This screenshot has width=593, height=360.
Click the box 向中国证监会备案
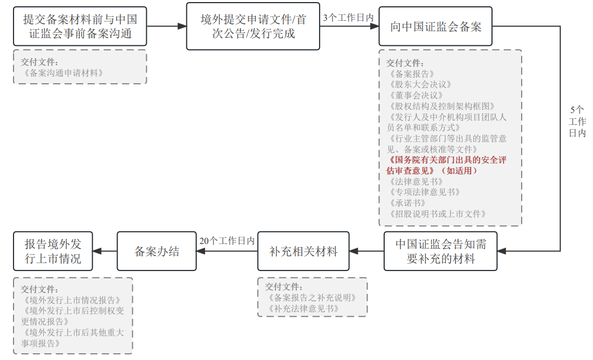435,27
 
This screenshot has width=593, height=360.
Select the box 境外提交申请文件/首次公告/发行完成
253,27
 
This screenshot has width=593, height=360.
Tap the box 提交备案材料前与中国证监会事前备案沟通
80,27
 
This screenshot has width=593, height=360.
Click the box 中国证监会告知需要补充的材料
440,251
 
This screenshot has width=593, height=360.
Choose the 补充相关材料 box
304,251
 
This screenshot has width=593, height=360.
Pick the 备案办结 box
157,251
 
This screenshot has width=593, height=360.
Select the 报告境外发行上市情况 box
53,251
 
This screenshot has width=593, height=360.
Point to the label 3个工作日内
348,17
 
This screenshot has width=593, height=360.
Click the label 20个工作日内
227,241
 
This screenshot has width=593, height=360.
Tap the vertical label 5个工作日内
577,121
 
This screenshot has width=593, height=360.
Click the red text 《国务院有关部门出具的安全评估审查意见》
447,165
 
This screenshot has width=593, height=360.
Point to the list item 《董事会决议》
415,95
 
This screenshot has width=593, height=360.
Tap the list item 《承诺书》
407,203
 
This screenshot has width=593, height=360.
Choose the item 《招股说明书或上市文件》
437,214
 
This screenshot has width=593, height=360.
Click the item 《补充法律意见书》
304,308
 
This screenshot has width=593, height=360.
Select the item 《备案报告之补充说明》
312,298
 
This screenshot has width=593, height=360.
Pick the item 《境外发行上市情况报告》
72,300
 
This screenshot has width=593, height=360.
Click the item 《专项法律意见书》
424,192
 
